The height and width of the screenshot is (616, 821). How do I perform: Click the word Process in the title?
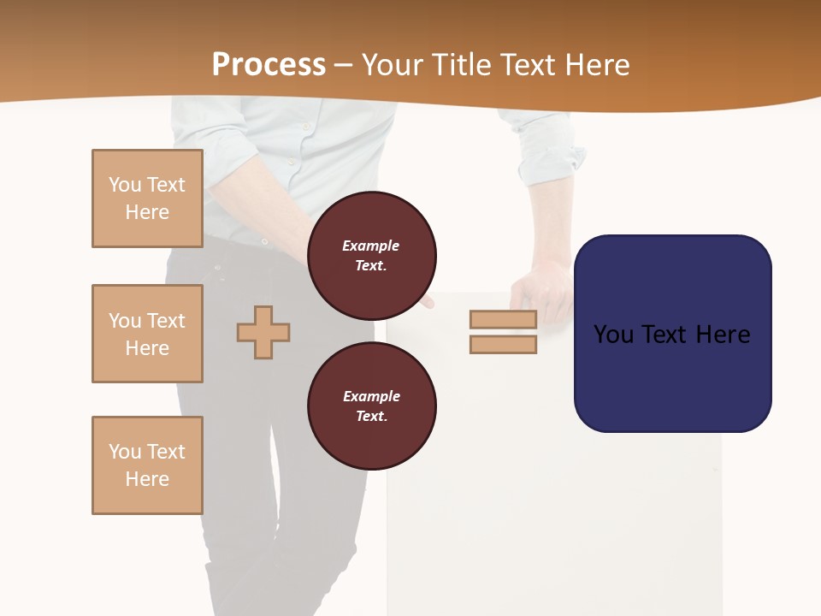[x=269, y=64]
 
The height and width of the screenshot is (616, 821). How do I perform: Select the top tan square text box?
[x=147, y=198]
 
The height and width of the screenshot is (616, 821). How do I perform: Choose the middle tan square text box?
[x=147, y=334]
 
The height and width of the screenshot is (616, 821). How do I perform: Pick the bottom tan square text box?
[x=147, y=465]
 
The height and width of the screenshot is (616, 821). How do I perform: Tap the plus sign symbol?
[x=263, y=332]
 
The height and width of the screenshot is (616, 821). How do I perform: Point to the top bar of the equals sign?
[x=503, y=319]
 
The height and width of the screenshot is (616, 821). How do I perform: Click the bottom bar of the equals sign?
[x=503, y=344]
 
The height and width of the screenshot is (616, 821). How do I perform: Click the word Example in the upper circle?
[x=371, y=246]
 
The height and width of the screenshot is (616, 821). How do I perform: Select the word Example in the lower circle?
[x=371, y=396]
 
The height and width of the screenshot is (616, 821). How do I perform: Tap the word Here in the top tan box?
[x=147, y=212]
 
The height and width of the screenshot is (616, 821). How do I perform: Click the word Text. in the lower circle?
[x=371, y=416]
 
